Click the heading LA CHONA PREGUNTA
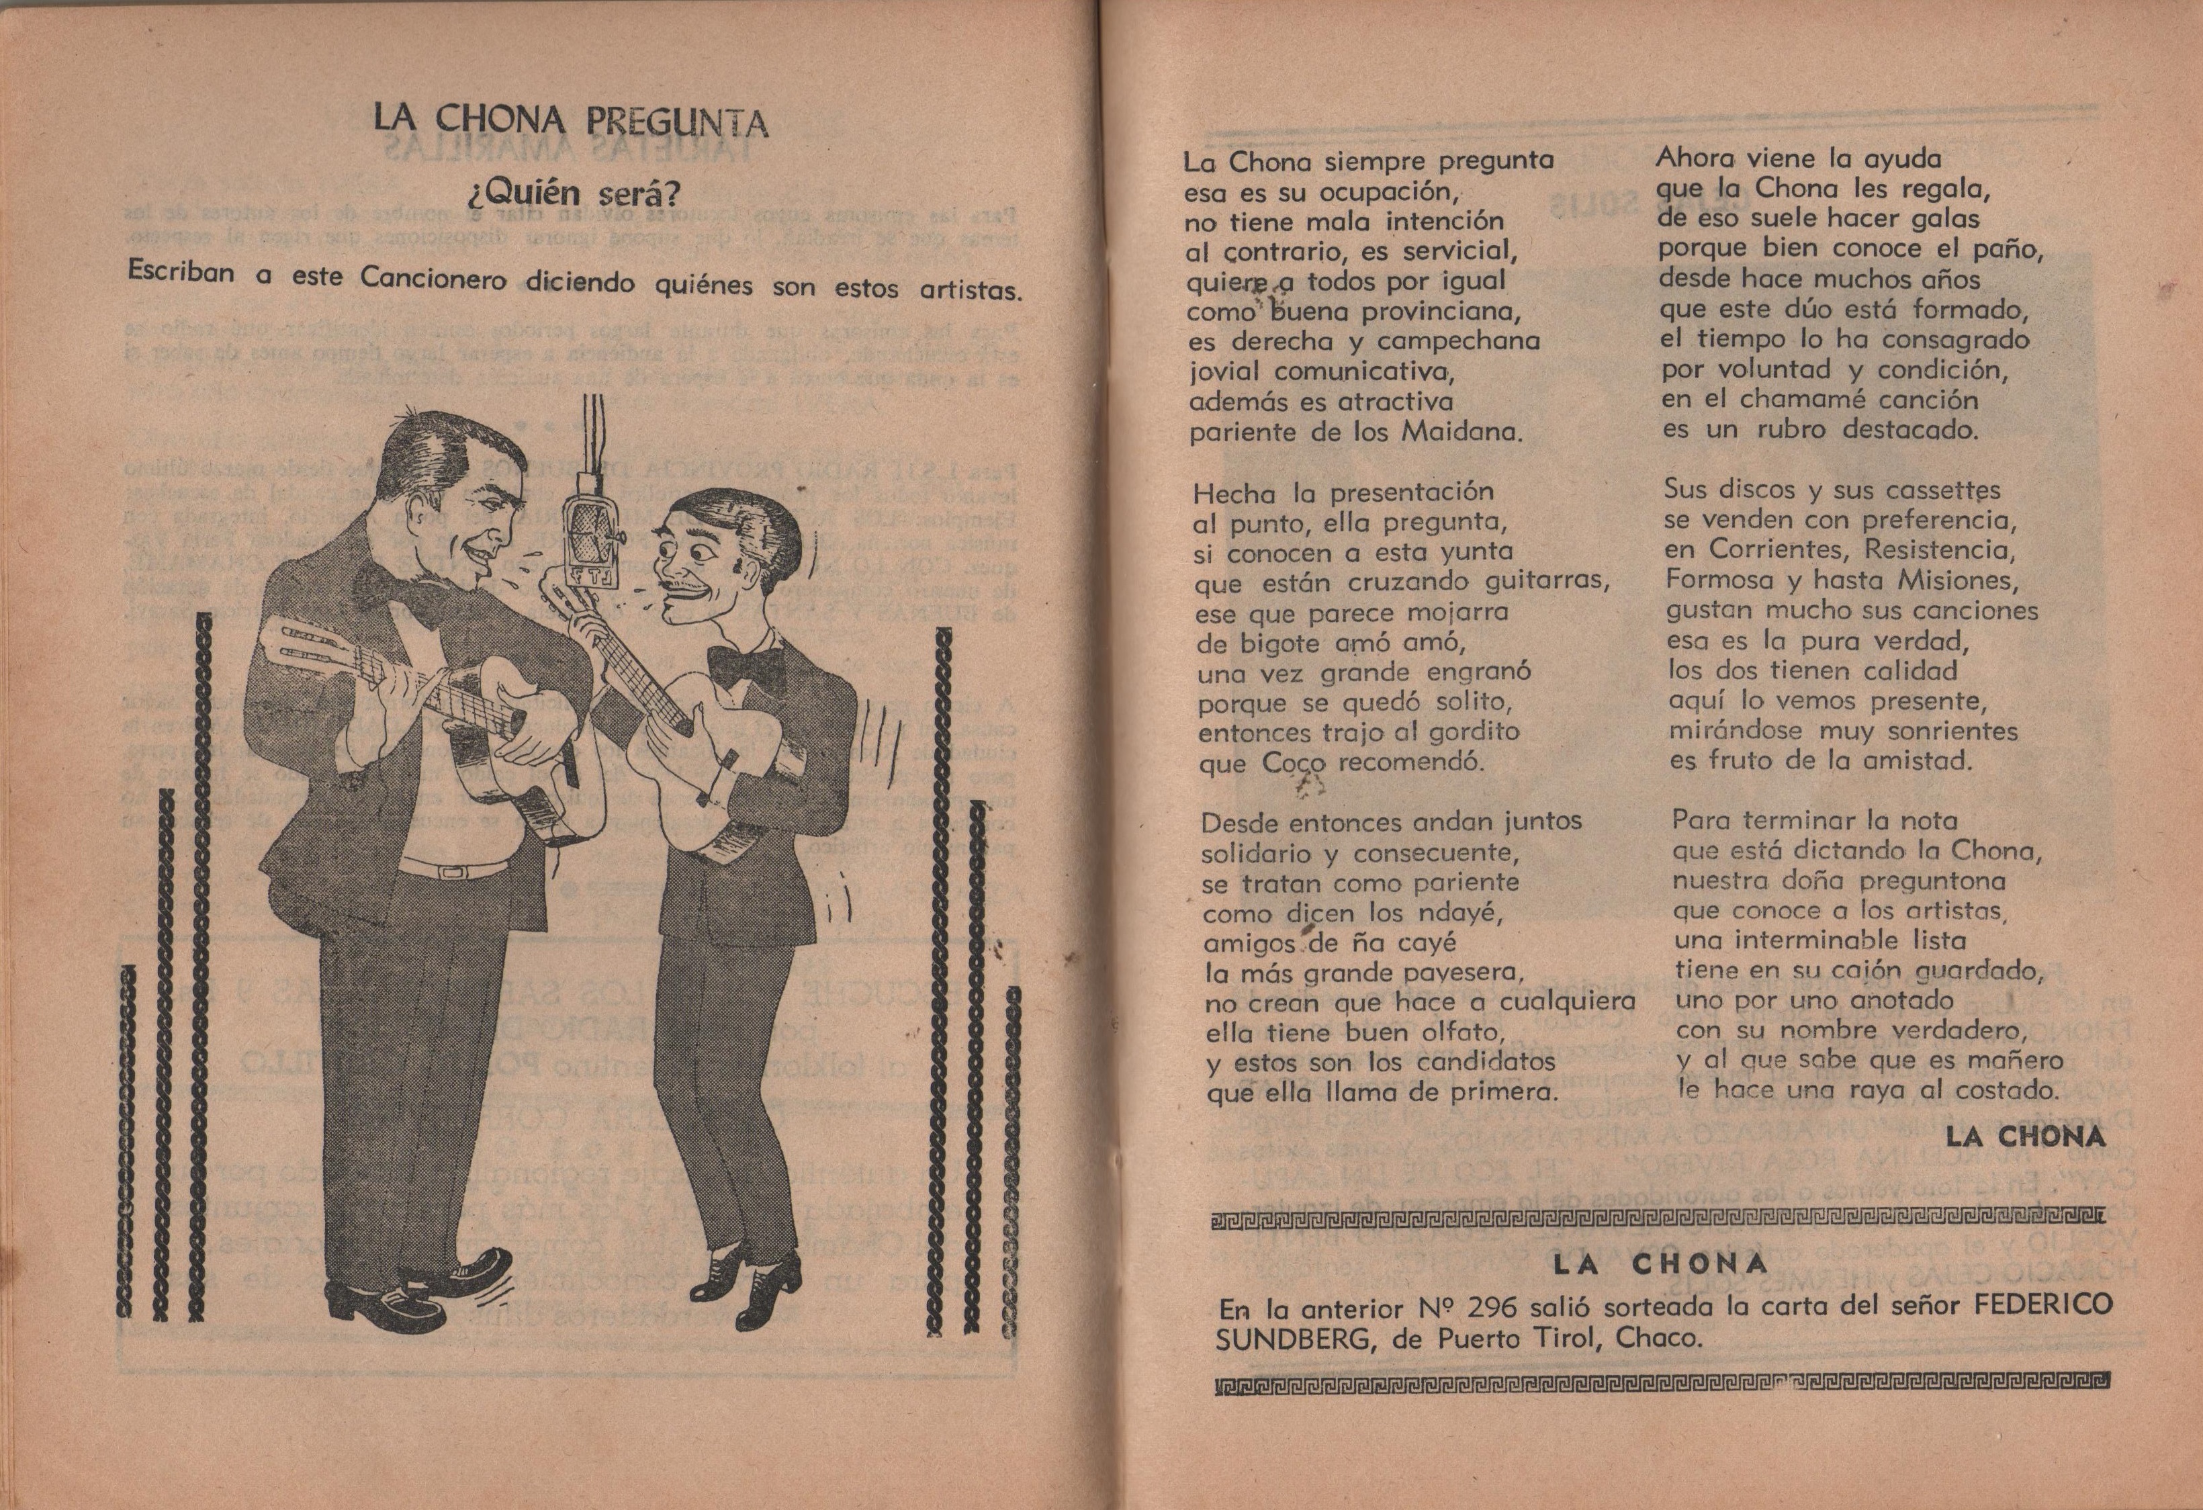[571, 123]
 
